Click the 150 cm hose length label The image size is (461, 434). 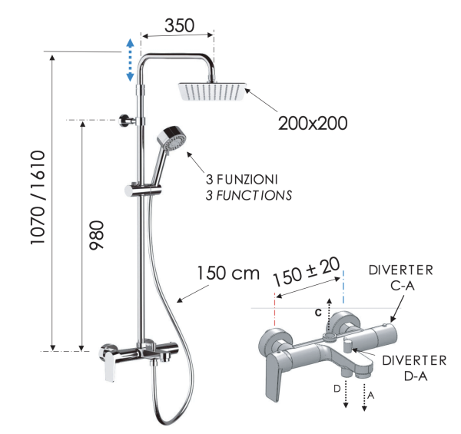(228, 273)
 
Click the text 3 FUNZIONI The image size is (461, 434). (241, 179)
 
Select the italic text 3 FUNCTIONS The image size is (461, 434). (248, 195)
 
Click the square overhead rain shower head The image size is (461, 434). (214, 91)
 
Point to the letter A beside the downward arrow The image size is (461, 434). (372, 396)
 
